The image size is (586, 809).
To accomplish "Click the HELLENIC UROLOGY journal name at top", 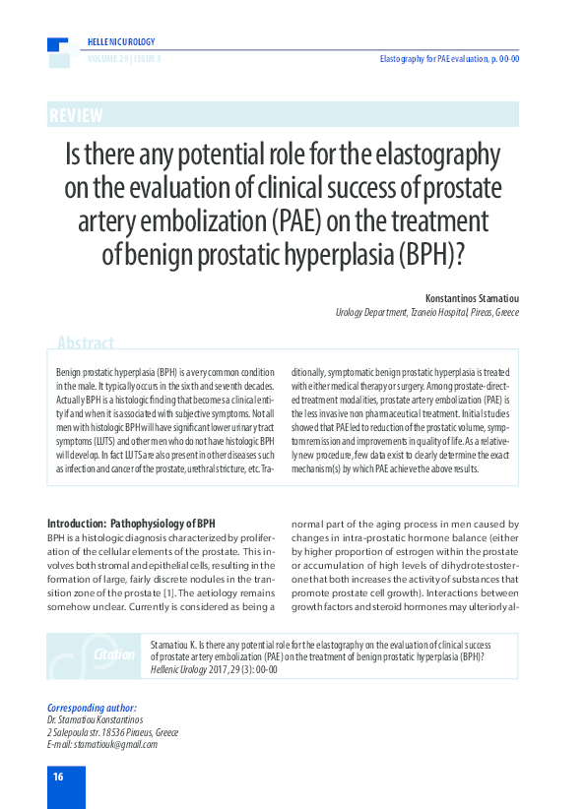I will (x=121, y=42).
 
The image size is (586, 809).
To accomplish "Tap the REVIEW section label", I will (x=76, y=116).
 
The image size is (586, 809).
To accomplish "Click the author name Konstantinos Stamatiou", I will (x=472, y=297).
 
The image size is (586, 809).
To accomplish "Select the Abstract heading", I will (x=86, y=343).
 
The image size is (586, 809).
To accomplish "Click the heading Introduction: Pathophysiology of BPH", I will (x=131, y=523).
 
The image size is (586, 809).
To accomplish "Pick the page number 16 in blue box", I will (x=58, y=778).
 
